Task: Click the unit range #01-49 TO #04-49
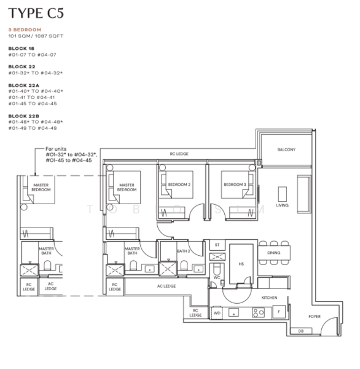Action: tap(32, 128)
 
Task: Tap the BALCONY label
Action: tap(286, 149)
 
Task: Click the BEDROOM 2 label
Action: tap(179, 184)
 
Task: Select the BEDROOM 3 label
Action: tap(234, 184)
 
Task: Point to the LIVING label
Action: tap(282, 205)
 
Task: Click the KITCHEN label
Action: tap(269, 297)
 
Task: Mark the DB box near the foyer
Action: tap(300, 331)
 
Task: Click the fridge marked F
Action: tap(278, 312)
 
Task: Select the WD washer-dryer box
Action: tap(216, 312)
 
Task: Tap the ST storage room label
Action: tap(216, 245)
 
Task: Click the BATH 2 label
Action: tap(182, 251)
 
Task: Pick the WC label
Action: tap(216, 277)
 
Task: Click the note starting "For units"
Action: tap(68, 154)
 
